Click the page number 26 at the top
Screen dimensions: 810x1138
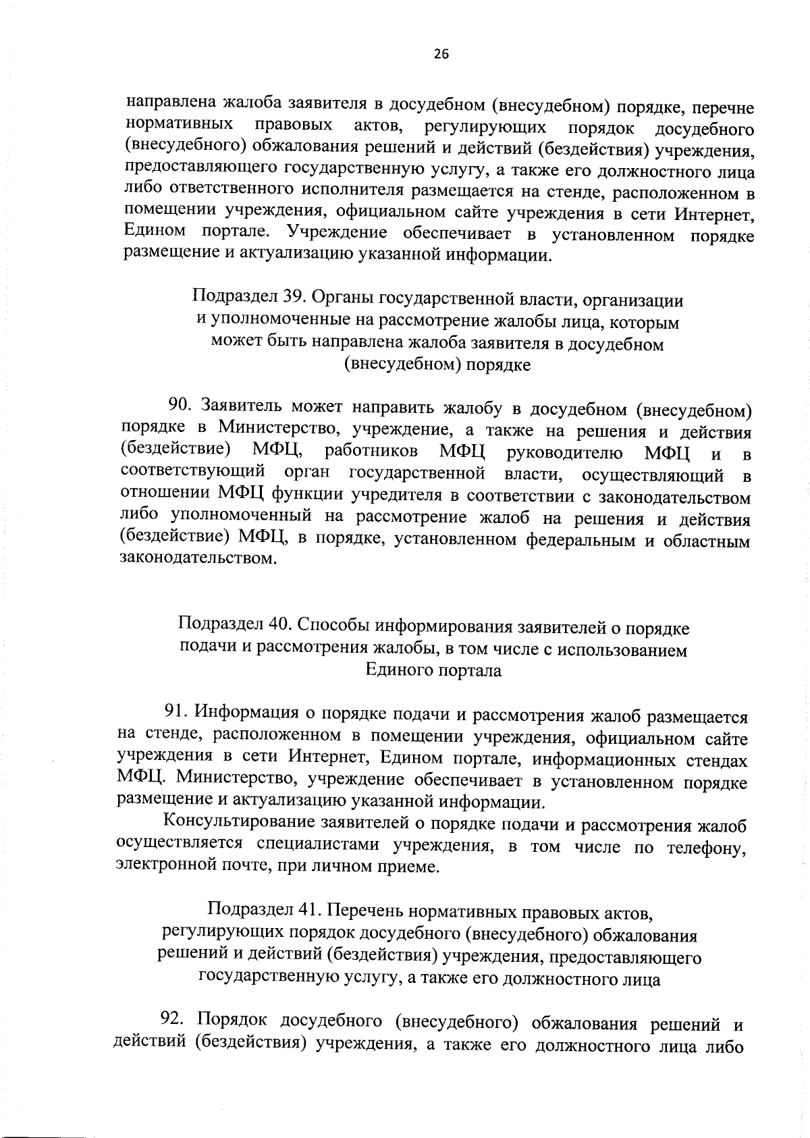[441, 55]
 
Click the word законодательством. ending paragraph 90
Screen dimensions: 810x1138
[198, 559]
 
